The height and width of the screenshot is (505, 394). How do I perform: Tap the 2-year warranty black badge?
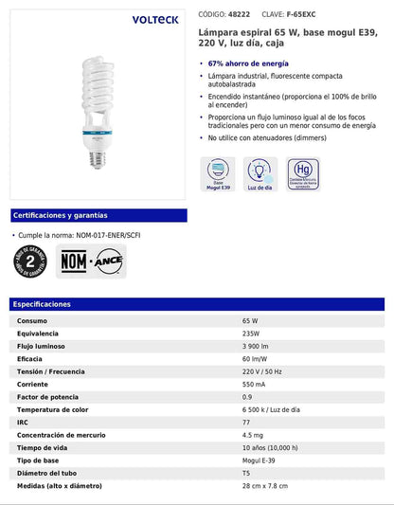29,261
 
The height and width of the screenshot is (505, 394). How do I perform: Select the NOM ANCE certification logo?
91,261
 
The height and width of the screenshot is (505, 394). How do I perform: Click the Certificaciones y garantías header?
62,216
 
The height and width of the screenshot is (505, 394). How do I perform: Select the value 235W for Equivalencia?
252,334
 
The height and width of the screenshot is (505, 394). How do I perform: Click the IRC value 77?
247,421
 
